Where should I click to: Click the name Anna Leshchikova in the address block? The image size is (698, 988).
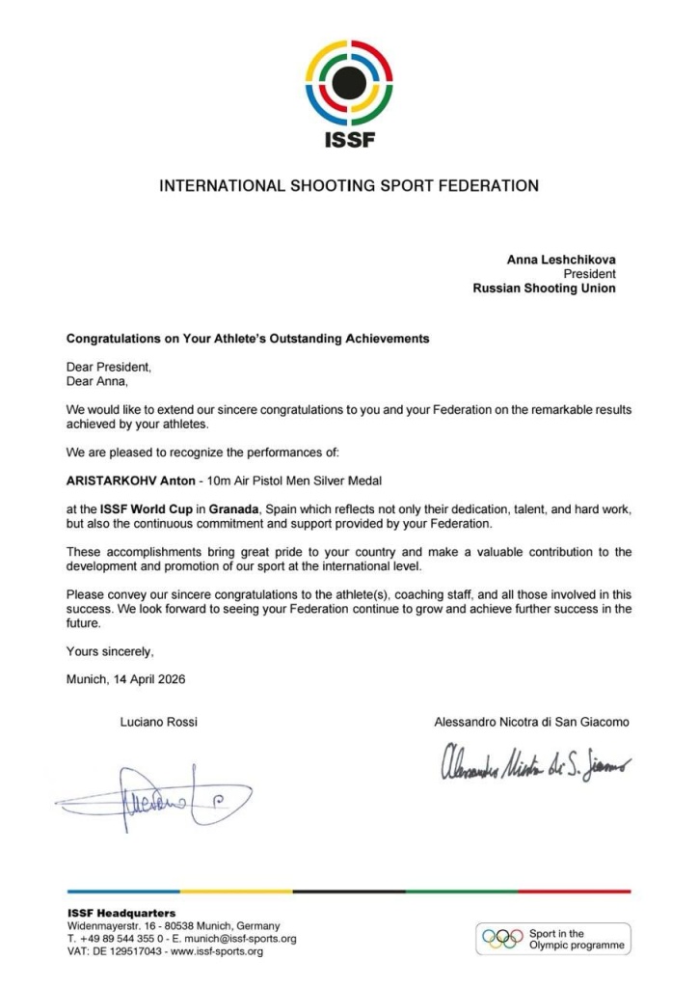pos(561,260)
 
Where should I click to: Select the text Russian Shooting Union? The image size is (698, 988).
pos(544,288)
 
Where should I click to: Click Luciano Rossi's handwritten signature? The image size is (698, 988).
pos(154,800)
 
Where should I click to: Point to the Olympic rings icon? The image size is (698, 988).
pos(502,939)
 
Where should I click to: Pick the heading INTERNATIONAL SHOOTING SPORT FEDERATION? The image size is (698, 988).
pos(349,185)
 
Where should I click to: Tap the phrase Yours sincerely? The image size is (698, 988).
pos(109,651)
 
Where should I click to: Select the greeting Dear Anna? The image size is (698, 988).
pos(96,381)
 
